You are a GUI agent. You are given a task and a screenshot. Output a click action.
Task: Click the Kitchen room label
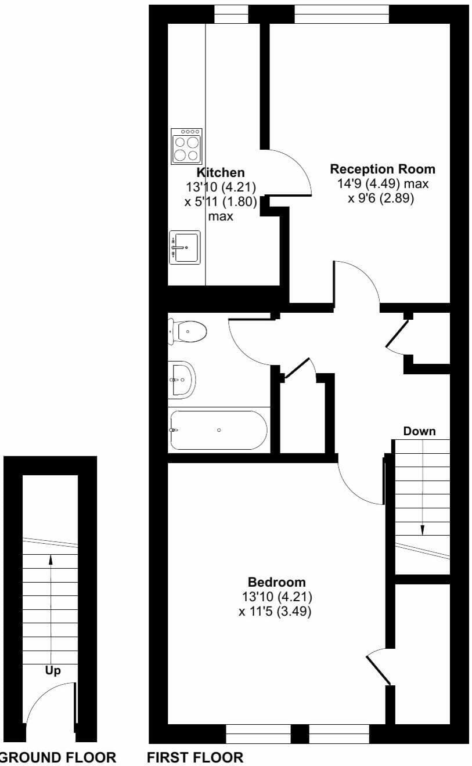[x=221, y=172]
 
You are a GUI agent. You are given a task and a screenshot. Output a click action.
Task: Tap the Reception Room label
[x=383, y=169]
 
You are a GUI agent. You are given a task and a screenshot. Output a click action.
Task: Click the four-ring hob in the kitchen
[x=186, y=146]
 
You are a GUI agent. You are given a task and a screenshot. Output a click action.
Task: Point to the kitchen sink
[x=185, y=247]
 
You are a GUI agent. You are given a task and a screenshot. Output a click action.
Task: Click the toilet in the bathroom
[x=188, y=331]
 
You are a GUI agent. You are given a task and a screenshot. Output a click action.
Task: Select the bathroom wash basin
[x=182, y=380]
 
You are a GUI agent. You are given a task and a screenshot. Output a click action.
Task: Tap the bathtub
[x=218, y=430]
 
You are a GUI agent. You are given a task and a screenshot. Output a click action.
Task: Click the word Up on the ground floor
[x=53, y=680]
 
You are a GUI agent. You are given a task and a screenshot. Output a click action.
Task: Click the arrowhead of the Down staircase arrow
[x=423, y=530]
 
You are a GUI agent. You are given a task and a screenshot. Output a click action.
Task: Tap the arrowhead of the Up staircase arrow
[x=51, y=560]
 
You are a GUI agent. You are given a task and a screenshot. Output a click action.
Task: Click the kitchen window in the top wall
[x=231, y=15]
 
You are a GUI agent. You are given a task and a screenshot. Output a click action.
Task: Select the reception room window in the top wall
[x=342, y=15]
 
